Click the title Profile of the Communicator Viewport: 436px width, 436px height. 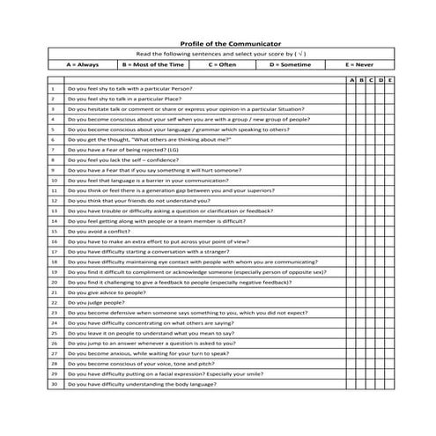[218, 42]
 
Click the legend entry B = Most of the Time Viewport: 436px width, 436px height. [153, 64]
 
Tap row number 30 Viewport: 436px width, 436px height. [54, 383]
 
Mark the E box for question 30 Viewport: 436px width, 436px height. [390, 383]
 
